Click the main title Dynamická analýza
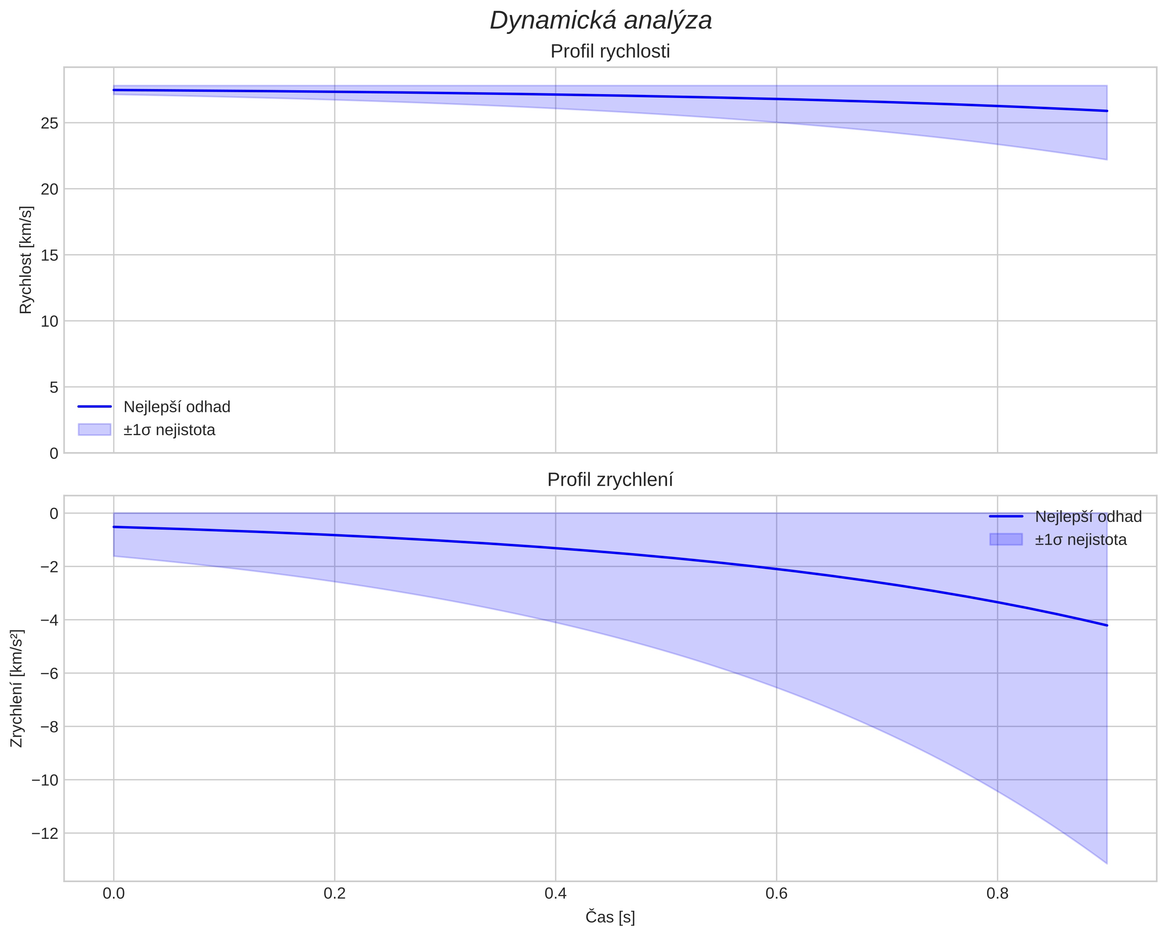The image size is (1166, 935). click(x=601, y=20)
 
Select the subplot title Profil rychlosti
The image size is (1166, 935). click(x=610, y=51)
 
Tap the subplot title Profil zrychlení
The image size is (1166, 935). click(x=610, y=480)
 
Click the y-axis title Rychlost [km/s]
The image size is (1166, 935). click(x=26, y=260)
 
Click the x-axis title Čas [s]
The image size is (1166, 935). click(x=610, y=917)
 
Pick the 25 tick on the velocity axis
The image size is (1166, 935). click(x=49, y=123)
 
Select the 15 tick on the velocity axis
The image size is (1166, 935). click(x=49, y=255)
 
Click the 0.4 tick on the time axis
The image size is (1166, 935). click(x=555, y=893)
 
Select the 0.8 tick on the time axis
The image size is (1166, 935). click(x=997, y=893)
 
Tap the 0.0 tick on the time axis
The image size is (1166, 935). click(x=114, y=893)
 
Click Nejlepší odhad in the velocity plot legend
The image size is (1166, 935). click(x=177, y=407)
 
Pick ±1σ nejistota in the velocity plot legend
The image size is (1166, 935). click(x=169, y=430)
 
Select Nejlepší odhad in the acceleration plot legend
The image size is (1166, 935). click(x=1088, y=517)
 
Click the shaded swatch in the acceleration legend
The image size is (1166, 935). click(x=1006, y=540)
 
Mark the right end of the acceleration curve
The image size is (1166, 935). click(x=1107, y=626)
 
